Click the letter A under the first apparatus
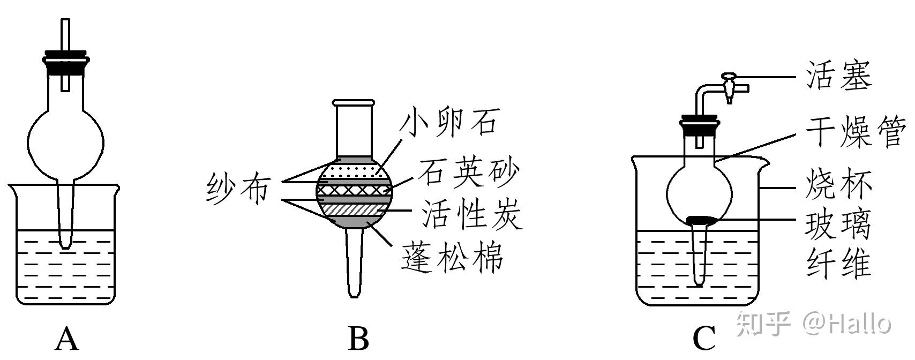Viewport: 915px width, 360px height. pos(67,339)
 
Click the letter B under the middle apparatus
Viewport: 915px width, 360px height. pos(358,339)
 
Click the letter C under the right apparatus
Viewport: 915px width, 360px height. pos(704,339)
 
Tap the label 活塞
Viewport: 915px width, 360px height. pos(839,76)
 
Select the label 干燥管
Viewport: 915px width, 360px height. pos(855,132)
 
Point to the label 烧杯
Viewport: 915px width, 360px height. pos(839,185)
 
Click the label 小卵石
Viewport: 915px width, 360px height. pos(450,122)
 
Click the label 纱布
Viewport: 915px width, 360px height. pos(237,190)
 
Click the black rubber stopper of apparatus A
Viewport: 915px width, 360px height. pos(66,62)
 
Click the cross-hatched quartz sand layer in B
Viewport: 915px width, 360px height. pos(354,190)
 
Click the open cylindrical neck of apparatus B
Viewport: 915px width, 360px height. pos(353,129)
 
